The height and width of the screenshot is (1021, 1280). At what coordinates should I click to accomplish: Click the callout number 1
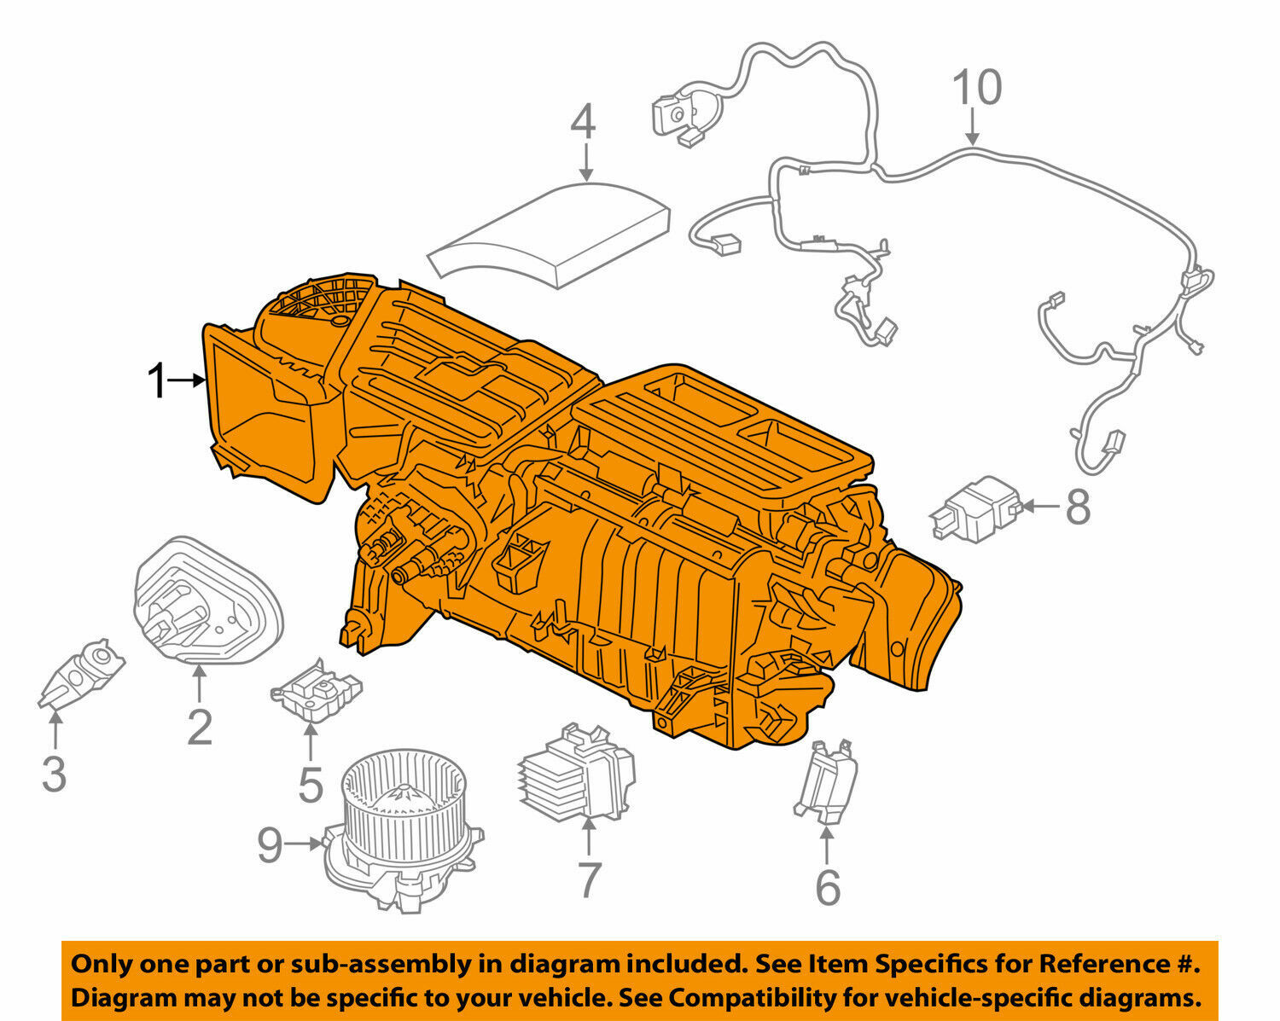(x=157, y=381)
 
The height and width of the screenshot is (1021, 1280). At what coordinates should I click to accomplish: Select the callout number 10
(x=977, y=89)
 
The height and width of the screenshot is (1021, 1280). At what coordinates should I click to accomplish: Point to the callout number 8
(x=1079, y=508)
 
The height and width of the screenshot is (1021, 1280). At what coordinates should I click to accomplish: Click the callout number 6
(x=827, y=888)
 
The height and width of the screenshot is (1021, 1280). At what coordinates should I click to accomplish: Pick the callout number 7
(x=589, y=880)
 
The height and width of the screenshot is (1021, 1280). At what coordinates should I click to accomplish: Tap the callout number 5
(x=311, y=786)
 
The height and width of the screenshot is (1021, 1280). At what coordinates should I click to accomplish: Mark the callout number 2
(x=199, y=728)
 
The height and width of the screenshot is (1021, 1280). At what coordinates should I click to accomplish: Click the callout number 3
(x=54, y=774)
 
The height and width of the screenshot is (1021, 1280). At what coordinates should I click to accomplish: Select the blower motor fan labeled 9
(x=397, y=823)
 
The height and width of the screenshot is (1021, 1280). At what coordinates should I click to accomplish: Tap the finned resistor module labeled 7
(x=576, y=772)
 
